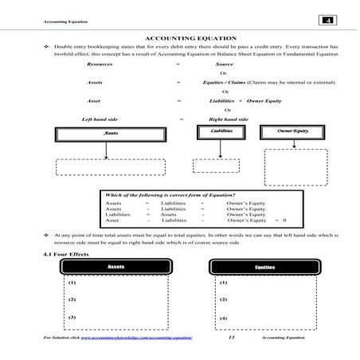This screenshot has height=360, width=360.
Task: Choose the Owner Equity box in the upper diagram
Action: tap(293, 130)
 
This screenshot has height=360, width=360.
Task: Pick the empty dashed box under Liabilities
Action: tap(221, 167)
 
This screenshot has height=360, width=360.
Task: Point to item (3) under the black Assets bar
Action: tap(72, 318)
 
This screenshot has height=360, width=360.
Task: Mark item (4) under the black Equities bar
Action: tap(223, 318)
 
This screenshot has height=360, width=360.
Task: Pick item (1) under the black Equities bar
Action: tap(223, 283)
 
